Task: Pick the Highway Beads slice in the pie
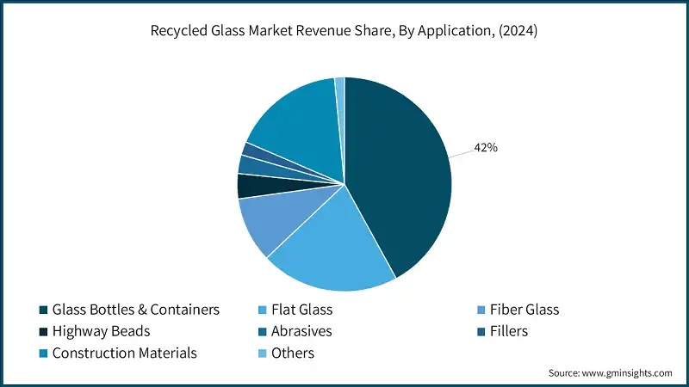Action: click(x=251, y=186)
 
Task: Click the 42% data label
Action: click(x=486, y=147)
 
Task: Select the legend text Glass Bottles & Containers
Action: click(x=136, y=310)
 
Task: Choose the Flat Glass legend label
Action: click(x=302, y=310)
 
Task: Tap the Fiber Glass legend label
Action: click(x=523, y=310)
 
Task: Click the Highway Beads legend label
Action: click(x=102, y=331)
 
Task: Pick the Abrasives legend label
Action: click(x=301, y=331)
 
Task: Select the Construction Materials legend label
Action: click(x=125, y=353)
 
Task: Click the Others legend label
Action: click(x=293, y=353)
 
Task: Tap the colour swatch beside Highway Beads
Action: click(x=43, y=331)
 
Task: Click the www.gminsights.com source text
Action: click(x=626, y=373)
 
